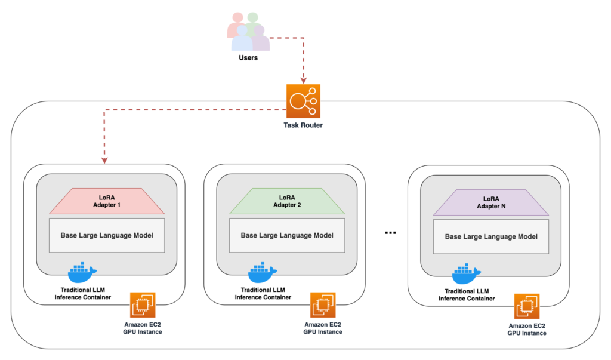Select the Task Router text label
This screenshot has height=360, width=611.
coord(303,126)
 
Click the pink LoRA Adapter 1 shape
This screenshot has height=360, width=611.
coord(107,201)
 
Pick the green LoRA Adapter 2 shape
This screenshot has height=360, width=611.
coord(287,201)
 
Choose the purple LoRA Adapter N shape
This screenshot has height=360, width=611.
coord(491,202)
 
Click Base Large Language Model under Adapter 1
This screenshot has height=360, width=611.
coord(107,235)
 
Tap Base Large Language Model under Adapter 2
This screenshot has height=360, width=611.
coord(287,235)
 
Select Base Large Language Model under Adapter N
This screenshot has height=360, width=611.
coord(491,236)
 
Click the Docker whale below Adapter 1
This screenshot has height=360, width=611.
coord(82,273)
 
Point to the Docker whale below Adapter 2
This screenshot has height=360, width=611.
coord(262,273)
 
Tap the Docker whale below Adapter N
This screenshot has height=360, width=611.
coord(467,274)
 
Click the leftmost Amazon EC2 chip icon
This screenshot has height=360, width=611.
coord(142,305)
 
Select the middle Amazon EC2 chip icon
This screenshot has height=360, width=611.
coord(322,305)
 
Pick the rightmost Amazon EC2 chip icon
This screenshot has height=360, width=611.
coord(527,306)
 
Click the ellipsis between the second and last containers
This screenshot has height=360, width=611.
coord(391,233)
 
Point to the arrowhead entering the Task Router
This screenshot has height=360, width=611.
coord(303,81)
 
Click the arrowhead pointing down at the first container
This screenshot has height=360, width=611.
coord(104,160)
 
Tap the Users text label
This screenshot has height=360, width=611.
coord(248,59)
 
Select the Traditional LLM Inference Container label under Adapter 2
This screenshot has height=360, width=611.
coord(263,293)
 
